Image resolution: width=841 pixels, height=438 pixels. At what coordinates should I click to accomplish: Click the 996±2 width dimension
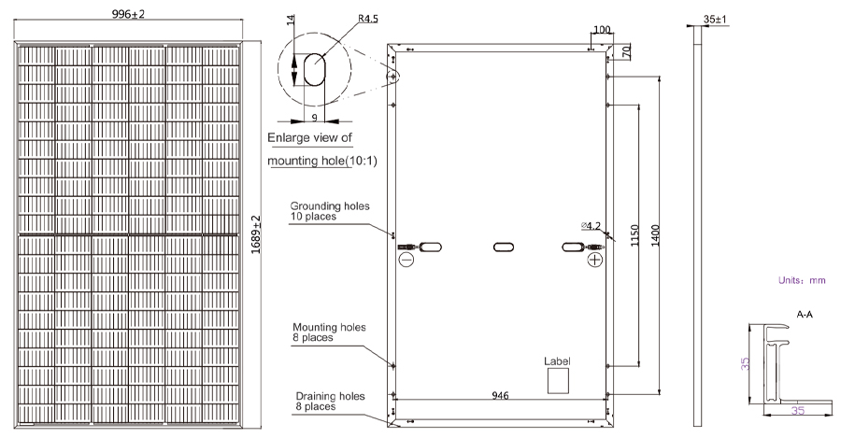(128, 14)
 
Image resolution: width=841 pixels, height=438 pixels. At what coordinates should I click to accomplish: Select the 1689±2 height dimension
(256, 234)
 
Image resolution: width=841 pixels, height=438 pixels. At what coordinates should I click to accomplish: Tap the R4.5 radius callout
(368, 19)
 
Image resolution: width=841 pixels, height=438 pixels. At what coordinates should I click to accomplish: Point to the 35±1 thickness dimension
(715, 20)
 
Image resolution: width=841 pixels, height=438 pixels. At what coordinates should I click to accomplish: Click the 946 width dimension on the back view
(501, 396)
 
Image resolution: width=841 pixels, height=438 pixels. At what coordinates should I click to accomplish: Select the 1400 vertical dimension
(655, 235)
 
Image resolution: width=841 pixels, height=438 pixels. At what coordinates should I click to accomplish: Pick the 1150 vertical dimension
(634, 235)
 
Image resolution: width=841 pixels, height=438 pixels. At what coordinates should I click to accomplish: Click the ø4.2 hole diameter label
(591, 226)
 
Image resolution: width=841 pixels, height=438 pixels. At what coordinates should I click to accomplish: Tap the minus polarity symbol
(406, 260)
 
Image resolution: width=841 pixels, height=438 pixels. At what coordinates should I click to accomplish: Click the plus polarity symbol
(595, 260)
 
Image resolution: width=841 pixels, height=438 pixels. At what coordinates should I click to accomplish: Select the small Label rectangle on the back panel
(558, 381)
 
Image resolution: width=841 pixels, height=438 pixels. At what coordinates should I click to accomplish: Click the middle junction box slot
(503, 247)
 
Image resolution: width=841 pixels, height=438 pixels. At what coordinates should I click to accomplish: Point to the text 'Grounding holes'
(330, 205)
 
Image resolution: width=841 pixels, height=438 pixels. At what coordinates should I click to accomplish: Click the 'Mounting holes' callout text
(329, 327)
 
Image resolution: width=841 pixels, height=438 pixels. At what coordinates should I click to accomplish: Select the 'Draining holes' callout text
(331, 396)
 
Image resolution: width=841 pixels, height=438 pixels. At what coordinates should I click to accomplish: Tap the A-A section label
(805, 315)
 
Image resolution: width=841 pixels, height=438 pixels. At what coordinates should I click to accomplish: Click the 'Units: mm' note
(802, 280)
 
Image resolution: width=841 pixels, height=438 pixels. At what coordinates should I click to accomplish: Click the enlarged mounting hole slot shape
(314, 69)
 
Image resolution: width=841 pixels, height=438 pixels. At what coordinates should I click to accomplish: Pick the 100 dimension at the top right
(603, 30)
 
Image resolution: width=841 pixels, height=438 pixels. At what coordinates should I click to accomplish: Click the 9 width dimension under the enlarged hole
(314, 118)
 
